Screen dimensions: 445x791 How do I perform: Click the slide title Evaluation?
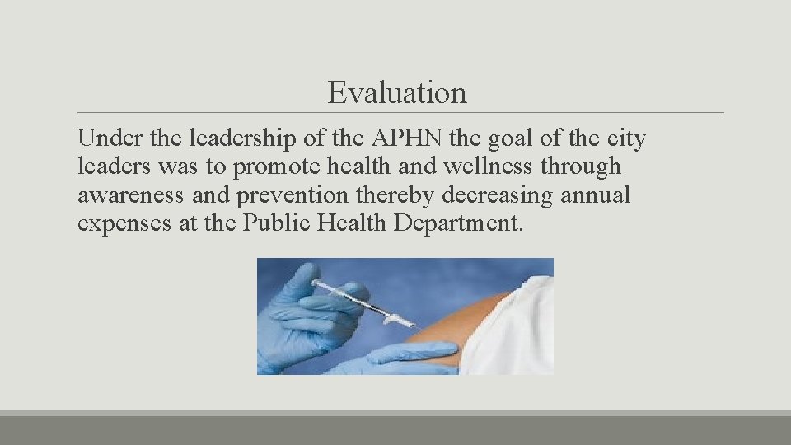[x=396, y=92]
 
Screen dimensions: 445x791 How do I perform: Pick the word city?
[x=623, y=139]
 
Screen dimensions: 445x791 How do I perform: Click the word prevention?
[x=296, y=196]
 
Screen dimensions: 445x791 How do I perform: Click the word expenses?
[x=124, y=224]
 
